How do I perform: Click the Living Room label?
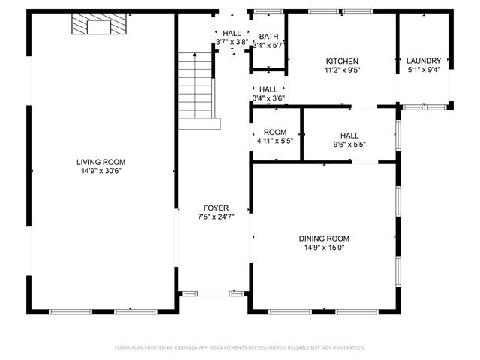click(x=100, y=162)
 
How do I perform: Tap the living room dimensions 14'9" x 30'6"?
click(x=100, y=171)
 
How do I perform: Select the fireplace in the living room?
click(x=97, y=26)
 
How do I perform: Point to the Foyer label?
click(x=216, y=208)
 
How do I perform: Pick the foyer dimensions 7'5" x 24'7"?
click(x=216, y=217)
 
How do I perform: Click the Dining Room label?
click(x=327, y=238)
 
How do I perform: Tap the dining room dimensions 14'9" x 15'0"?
click(x=327, y=247)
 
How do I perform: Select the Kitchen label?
click(x=341, y=61)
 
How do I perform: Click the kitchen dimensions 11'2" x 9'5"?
click(x=341, y=71)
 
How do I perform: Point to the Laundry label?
click(x=424, y=61)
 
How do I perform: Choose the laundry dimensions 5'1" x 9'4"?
click(x=424, y=71)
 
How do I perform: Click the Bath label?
click(x=268, y=37)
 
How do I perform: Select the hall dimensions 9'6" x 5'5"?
click(x=349, y=145)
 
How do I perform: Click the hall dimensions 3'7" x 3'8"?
click(x=232, y=43)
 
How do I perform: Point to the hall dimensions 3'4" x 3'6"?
click(x=268, y=98)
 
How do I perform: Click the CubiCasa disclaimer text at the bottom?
click(x=240, y=347)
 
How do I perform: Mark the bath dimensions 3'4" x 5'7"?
click(x=268, y=46)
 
